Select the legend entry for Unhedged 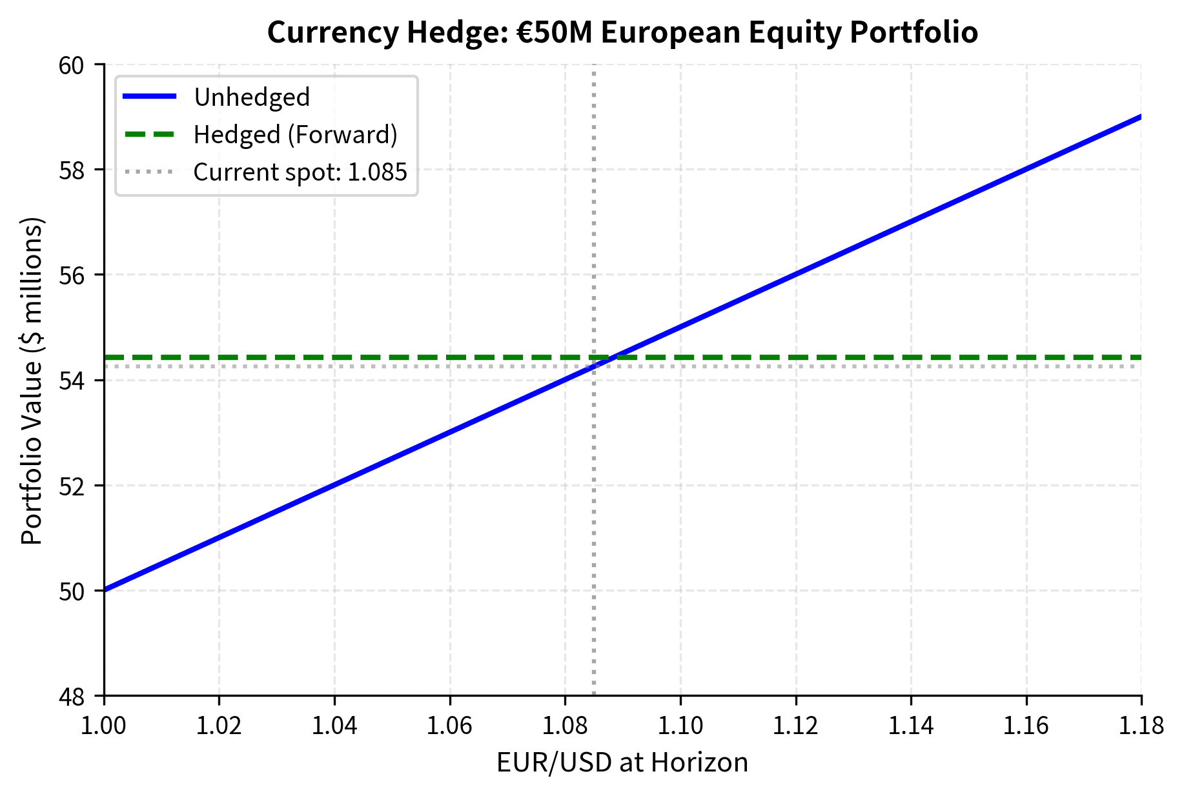point(252,97)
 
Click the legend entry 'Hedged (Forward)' point(295,135)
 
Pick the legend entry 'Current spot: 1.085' point(300,172)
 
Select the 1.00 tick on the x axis point(104,726)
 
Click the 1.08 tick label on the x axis point(565,726)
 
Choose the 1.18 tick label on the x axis point(1141,726)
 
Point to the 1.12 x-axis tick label point(795,726)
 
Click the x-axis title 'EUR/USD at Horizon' point(622,762)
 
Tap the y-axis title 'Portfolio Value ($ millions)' point(32,381)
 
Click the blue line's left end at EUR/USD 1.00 point(105,590)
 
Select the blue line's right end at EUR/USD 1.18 point(1141,117)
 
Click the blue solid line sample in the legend point(149,97)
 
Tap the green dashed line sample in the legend point(149,135)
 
